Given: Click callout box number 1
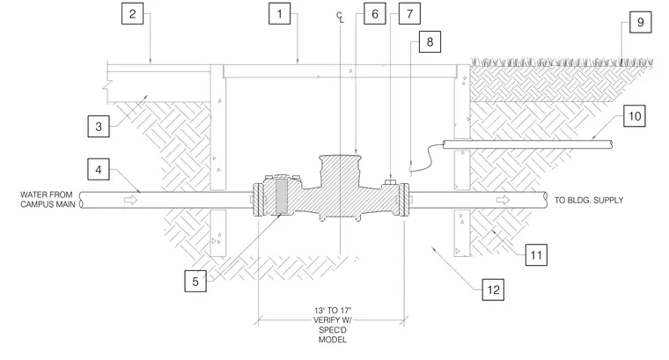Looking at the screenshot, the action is coord(279,14).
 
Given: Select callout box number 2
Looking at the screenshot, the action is coord(132,14).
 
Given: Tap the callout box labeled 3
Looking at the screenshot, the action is coord(99,126).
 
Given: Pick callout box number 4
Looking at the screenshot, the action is coord(99,169).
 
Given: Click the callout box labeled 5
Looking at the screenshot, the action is coord(195,281).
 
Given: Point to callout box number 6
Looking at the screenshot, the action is coord(375,14).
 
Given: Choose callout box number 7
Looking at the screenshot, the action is coord(409,14).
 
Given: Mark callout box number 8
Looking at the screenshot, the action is coord(430,41).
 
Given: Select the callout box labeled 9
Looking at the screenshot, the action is coord(641,22).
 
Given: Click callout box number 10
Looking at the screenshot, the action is coord(635,116).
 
